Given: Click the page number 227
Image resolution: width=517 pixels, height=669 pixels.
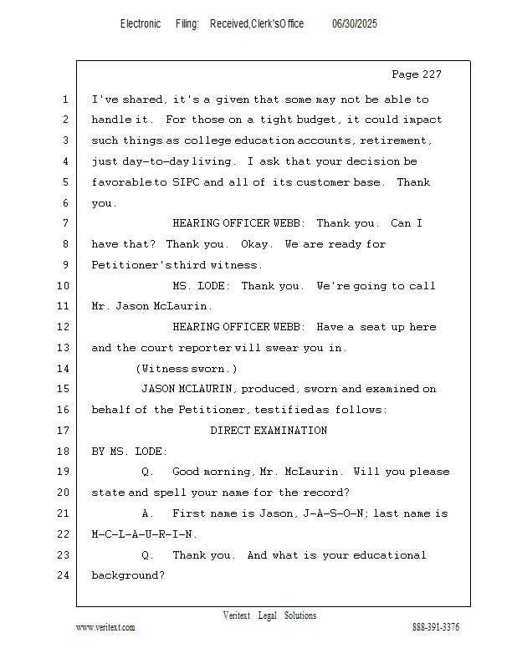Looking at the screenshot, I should (428, 74).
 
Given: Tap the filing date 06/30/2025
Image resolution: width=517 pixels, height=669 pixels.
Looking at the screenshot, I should (355, 24).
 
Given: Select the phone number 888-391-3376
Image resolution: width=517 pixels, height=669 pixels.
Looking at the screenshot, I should (435, 627).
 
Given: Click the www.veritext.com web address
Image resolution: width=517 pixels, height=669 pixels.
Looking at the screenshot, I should (105, 627).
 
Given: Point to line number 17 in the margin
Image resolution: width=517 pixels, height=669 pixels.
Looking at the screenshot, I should (64, 431).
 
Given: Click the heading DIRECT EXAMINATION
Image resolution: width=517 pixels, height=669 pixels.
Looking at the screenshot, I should (269, 431).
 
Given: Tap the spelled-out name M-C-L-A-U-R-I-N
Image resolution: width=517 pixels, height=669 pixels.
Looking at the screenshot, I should (145, 534).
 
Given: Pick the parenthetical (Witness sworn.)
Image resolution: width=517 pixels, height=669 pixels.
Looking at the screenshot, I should (187, 369).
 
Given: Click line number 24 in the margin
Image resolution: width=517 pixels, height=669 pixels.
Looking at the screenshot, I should (64, 575).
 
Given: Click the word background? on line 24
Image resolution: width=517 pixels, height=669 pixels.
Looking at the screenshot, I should (128, 575).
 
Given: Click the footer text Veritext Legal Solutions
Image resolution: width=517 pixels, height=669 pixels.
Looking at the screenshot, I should (269, 615).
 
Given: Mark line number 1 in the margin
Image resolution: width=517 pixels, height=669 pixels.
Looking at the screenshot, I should (64, 100).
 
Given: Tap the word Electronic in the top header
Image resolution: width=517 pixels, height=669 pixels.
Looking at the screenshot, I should (141, 24).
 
